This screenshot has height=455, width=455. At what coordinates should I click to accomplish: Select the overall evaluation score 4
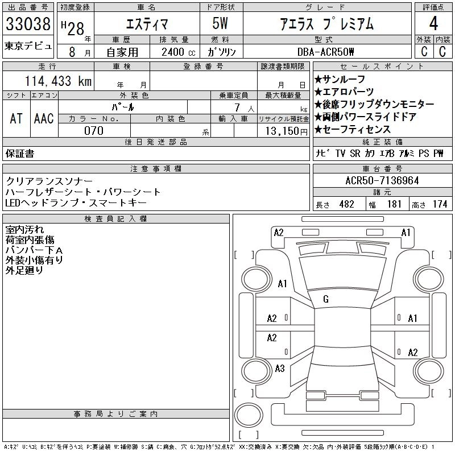point(433,24)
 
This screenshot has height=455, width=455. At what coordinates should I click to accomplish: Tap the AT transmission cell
point(16,118)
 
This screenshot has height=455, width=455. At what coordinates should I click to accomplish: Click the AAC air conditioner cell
point(44,118)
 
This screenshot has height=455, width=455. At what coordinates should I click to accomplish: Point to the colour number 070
point(94,131)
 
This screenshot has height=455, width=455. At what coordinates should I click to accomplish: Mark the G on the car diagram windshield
point(326,299)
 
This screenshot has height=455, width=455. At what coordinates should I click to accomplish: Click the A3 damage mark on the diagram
point(279,369)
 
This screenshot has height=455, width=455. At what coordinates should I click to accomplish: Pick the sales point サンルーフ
point(344,80)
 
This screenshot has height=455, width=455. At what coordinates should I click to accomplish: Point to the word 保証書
point(19,154)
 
